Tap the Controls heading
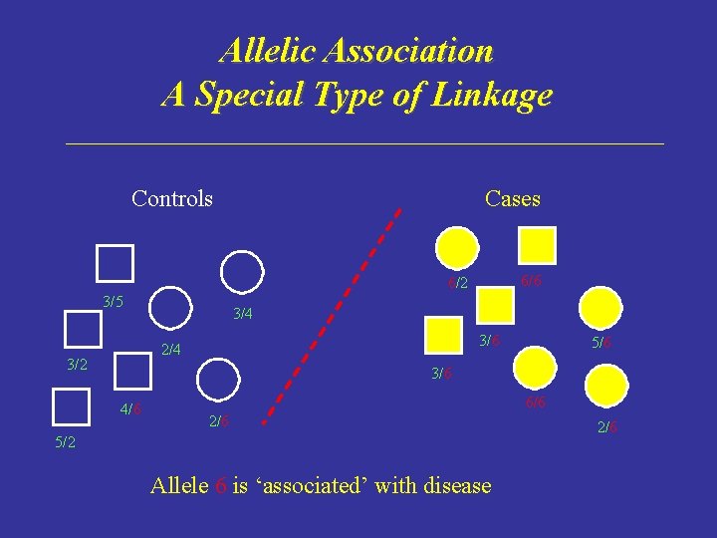click(x=172, y=198)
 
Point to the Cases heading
click(x=512, y=198)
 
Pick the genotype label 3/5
click(x=113, y=302)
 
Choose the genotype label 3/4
click(x=242, y=315)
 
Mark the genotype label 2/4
click(x=171, y=349)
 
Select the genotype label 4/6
click(x=130, y=408)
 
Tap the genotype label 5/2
click(x=65, y=441)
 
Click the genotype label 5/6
click(x=601, y=342)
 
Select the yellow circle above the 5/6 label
click(x=600, y=308)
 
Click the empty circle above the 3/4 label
click(x=242, y=271)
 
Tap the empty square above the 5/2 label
click(x=70, y=407)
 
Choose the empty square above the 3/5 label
click(x=115, y=263)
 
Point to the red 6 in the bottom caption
click(x=220, y=486)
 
